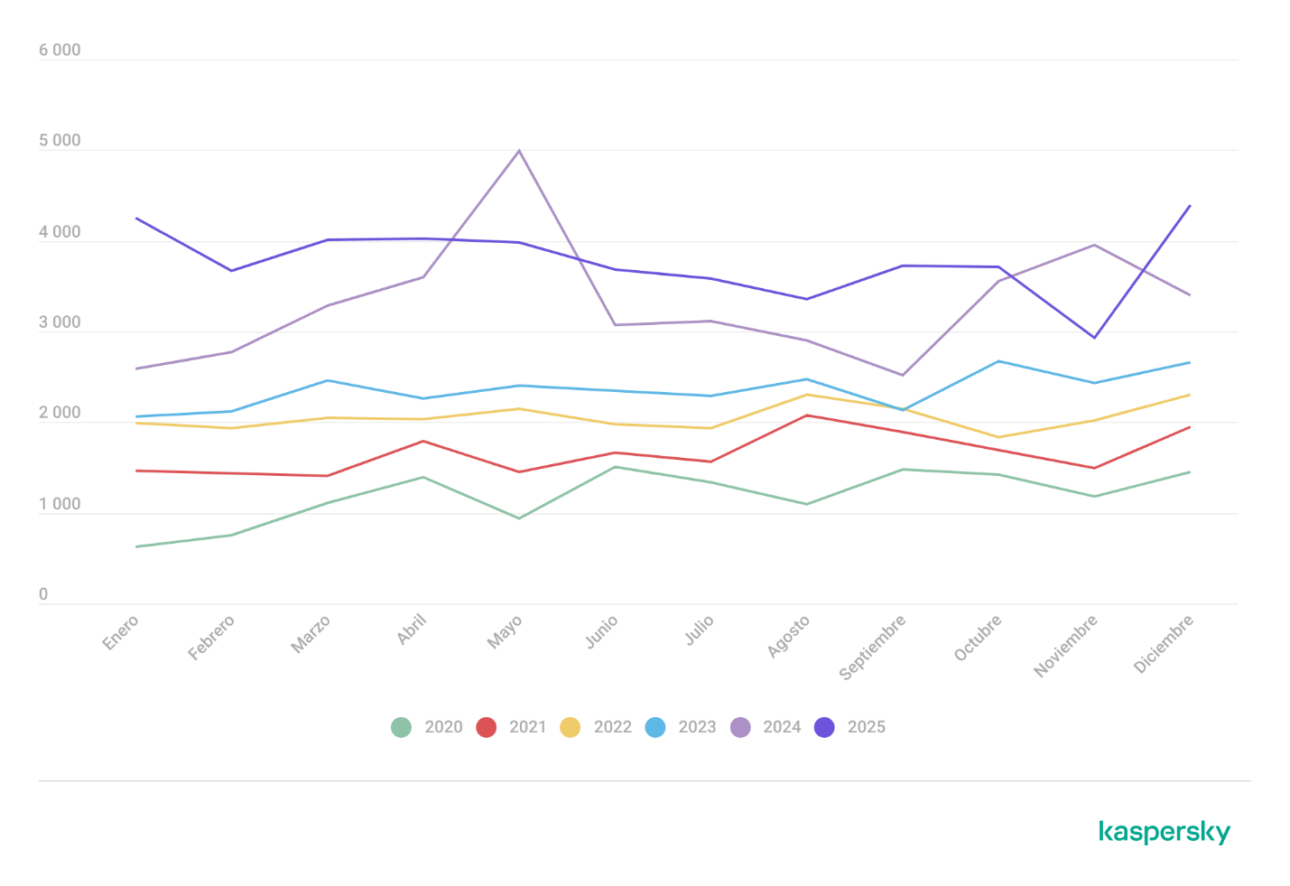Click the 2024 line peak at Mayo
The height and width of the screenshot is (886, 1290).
pos(519,150)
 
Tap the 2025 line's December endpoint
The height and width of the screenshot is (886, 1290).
pos(1190,206)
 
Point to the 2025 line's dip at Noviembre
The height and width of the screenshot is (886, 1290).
pos(1094,337)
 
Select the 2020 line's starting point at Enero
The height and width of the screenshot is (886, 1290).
pos(136,546)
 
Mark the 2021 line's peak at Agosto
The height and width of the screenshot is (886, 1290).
pos(806,415)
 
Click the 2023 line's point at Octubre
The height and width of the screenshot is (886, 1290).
pos(998,361)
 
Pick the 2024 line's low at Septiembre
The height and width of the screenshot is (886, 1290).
pos(902,375)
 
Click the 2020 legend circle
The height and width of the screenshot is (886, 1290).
pos(401,727)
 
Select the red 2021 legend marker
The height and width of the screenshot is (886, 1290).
pos(487,727)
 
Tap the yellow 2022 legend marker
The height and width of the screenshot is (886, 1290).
pos(571,727)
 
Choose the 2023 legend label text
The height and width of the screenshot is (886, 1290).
pos(697,727)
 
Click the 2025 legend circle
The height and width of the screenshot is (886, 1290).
pos(824,727)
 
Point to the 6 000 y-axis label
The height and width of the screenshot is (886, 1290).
pos(60,51)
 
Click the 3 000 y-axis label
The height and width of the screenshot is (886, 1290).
pos(60,323)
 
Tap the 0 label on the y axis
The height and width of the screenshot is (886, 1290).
pos(43,595)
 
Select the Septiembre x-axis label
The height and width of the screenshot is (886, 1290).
pos(873,647)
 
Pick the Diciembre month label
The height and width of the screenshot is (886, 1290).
pos(1165,643)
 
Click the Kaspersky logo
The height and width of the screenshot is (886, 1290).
pos(1165,832)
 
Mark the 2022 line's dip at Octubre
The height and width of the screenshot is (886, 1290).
pos(998,437)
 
